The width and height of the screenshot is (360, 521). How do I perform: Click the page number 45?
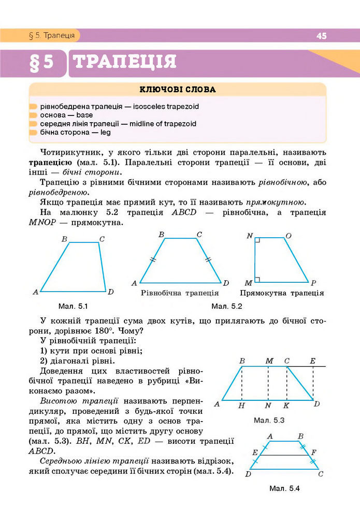321,36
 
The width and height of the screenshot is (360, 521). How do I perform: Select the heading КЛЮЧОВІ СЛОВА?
177,90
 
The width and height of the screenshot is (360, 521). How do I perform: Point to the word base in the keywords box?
84,115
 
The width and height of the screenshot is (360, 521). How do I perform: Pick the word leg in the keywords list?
106,133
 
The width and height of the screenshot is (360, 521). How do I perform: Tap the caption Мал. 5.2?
227,306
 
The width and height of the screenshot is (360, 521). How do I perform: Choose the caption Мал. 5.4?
285,488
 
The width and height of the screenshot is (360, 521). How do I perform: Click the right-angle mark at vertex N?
257,241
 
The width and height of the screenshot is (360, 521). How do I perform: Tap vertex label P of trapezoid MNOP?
314,283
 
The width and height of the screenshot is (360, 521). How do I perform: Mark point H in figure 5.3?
241,406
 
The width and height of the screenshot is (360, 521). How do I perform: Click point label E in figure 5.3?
312,360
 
